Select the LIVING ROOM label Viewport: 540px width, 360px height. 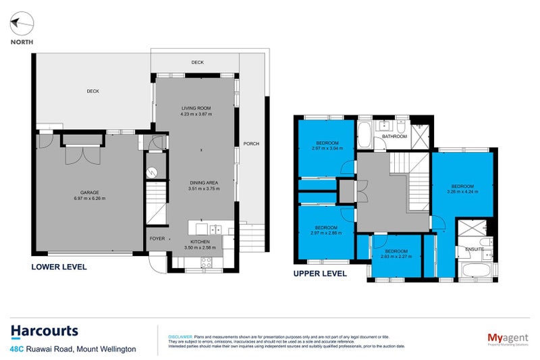pos(196,108)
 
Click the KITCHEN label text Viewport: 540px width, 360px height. pos(200,241)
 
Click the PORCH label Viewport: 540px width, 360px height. pos(251,143)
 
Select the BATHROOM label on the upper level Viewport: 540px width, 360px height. pos(394,137)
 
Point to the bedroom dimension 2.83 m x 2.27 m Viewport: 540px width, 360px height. pos(394,257)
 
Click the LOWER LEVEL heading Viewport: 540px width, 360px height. pos(59,267)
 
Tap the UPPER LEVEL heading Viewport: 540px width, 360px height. pos(320,274)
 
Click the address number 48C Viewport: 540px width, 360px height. pos(18,349)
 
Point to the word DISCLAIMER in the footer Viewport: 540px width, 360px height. pos(180,336)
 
